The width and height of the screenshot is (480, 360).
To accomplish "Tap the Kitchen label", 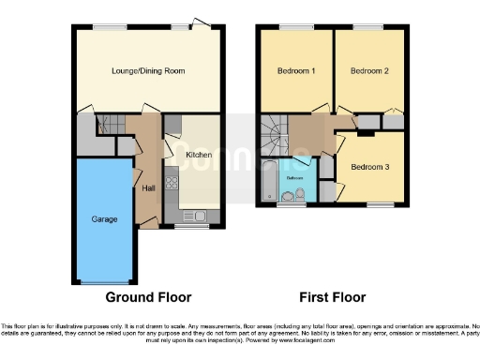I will (x=198, y=155).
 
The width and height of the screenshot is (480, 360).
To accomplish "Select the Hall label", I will (x=148, y=187).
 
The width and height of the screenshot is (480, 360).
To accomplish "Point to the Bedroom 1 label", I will (x=295, y=70).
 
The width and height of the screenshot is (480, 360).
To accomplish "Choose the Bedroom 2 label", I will (x=369, y=70).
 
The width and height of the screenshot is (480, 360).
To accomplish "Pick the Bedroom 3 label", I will (x=369, y=167).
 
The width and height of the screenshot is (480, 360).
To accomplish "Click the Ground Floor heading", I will (x=148, y=297).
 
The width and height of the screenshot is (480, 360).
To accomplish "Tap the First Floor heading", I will (x=332, y=297).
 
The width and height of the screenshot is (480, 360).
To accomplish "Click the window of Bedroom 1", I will (x=294, y=27).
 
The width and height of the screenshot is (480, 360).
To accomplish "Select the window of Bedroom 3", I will (x=378, y=203).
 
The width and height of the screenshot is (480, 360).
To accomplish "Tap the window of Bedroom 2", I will (x=372, y=27).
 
